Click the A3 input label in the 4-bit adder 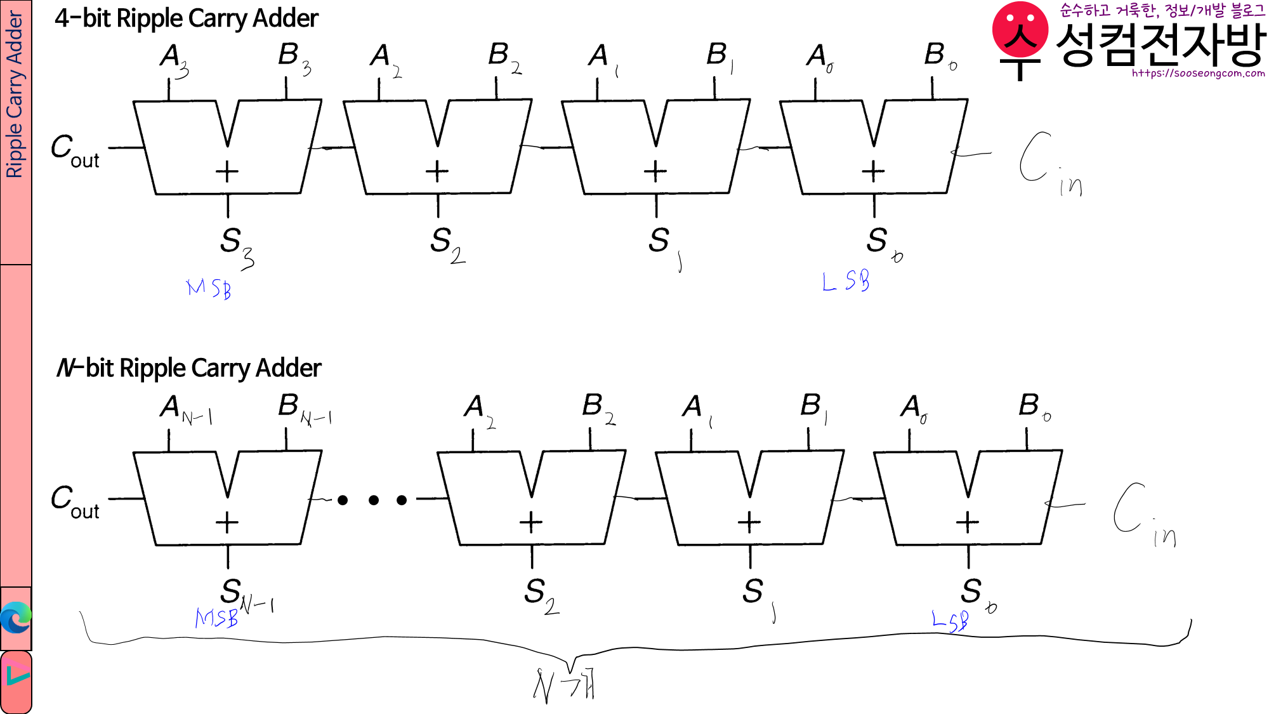coord(173,59)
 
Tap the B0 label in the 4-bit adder coord(940,56)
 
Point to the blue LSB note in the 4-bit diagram coord(845,281)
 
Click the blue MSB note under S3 coord(209,289)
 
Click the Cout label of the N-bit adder coord(75,501)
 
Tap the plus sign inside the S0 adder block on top coord(873,171)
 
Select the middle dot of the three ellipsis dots coord(374,500)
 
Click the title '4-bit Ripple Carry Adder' coord(186,18)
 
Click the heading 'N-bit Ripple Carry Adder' coord(188,368)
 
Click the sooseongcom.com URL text coord(1198,74)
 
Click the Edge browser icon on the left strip coord(16,618)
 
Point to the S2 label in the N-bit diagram coord(541,595)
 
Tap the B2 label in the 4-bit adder coord(504,57)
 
